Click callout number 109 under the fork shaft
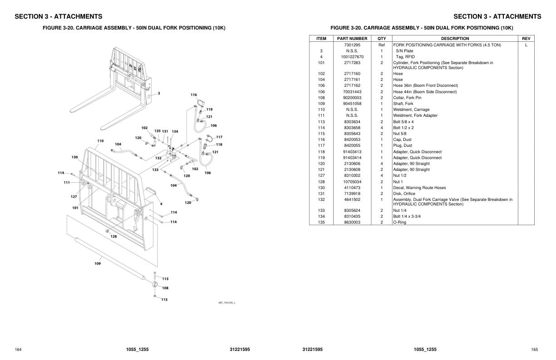coord(98,264)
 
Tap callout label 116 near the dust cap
coord(194,95)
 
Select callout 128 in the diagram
coord(113,236)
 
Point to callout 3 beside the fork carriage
coord(159,93)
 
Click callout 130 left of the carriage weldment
coord(74,157)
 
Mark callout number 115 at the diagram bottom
coord(164,300)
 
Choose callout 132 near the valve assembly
coord(158,158)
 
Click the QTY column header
coord(382,39)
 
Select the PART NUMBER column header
coord(352,39)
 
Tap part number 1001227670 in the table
coord(352,57)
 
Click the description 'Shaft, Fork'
coord(403,104)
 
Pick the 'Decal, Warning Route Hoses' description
coord(419,188)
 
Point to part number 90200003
coord(352,98)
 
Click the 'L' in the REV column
coord(526,45)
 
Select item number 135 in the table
coord(321,222)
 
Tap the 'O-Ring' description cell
coord(400,222)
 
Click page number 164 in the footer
coord(18,350)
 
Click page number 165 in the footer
coord(535,350)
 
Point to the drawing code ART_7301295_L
coord(227,303)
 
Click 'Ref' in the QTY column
coord(382,45)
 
